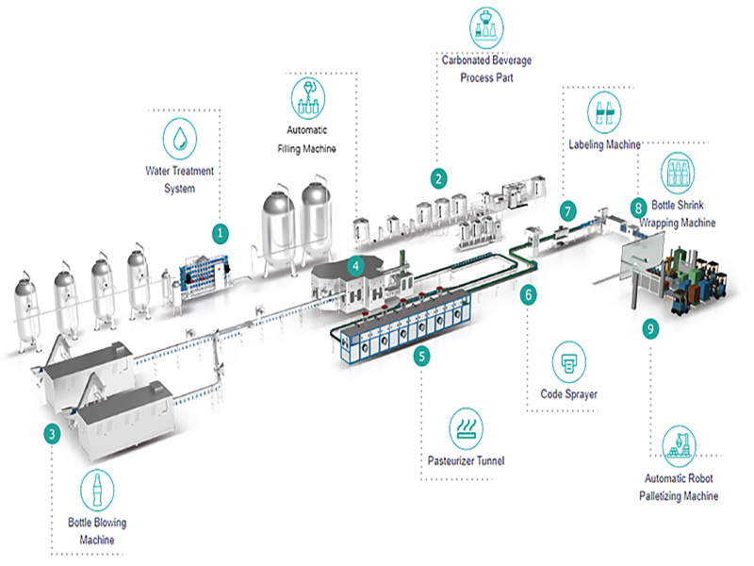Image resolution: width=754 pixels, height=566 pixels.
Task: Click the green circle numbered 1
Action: tap(221, 231)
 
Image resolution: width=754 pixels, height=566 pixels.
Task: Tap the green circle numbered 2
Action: tap(437, 176)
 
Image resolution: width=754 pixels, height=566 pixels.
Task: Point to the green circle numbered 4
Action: tap(355, 266)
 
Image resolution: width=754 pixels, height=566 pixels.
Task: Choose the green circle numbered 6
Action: tap(529, 294)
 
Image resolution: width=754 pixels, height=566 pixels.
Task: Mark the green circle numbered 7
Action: tap(566, 210)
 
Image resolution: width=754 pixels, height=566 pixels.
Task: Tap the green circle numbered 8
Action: tap(638, 205)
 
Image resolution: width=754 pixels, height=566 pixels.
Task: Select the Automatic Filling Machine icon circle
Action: tap(306, 96)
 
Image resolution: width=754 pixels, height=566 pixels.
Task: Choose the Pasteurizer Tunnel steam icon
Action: tap(465, 426)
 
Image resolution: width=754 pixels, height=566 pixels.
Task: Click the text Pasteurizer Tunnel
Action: tap(465, 461)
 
